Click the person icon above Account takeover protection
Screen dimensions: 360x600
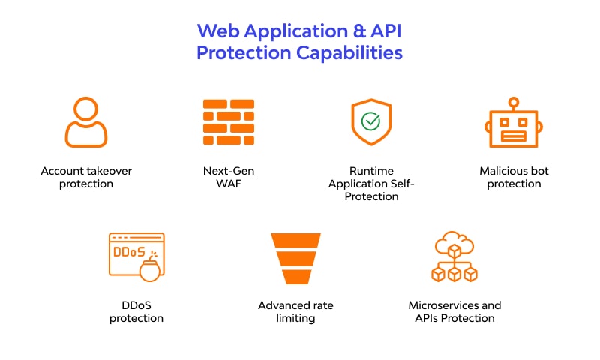tap(86, 122)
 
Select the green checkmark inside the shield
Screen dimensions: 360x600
tap(370, 121)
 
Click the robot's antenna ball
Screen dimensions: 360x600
tap(514, 101)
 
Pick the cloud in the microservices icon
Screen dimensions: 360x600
tap(454, 244)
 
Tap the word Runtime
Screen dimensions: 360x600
tap(371, 171)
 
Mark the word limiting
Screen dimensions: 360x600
tap(295, 318)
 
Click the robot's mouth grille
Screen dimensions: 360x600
tap(514, 136)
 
